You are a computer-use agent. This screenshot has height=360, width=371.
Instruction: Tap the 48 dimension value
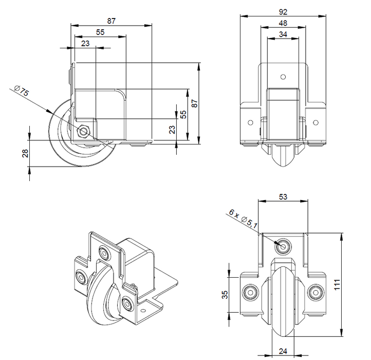[x=283, y=23]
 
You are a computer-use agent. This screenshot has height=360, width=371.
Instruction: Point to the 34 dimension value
[x=283, y=34]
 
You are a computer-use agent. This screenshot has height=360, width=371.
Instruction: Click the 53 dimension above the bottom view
[x=283, y=195]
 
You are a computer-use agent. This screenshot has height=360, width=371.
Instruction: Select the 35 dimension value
[x=225, y=294]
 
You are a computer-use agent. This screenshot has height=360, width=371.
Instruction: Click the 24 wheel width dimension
[x=283, y=352]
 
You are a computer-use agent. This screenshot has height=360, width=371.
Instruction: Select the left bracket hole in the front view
[x=250, y=122]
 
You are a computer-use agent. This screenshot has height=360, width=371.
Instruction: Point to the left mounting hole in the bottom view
[x=251, y=293]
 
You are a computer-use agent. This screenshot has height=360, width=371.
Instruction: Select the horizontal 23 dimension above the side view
[x=85, y=44]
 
